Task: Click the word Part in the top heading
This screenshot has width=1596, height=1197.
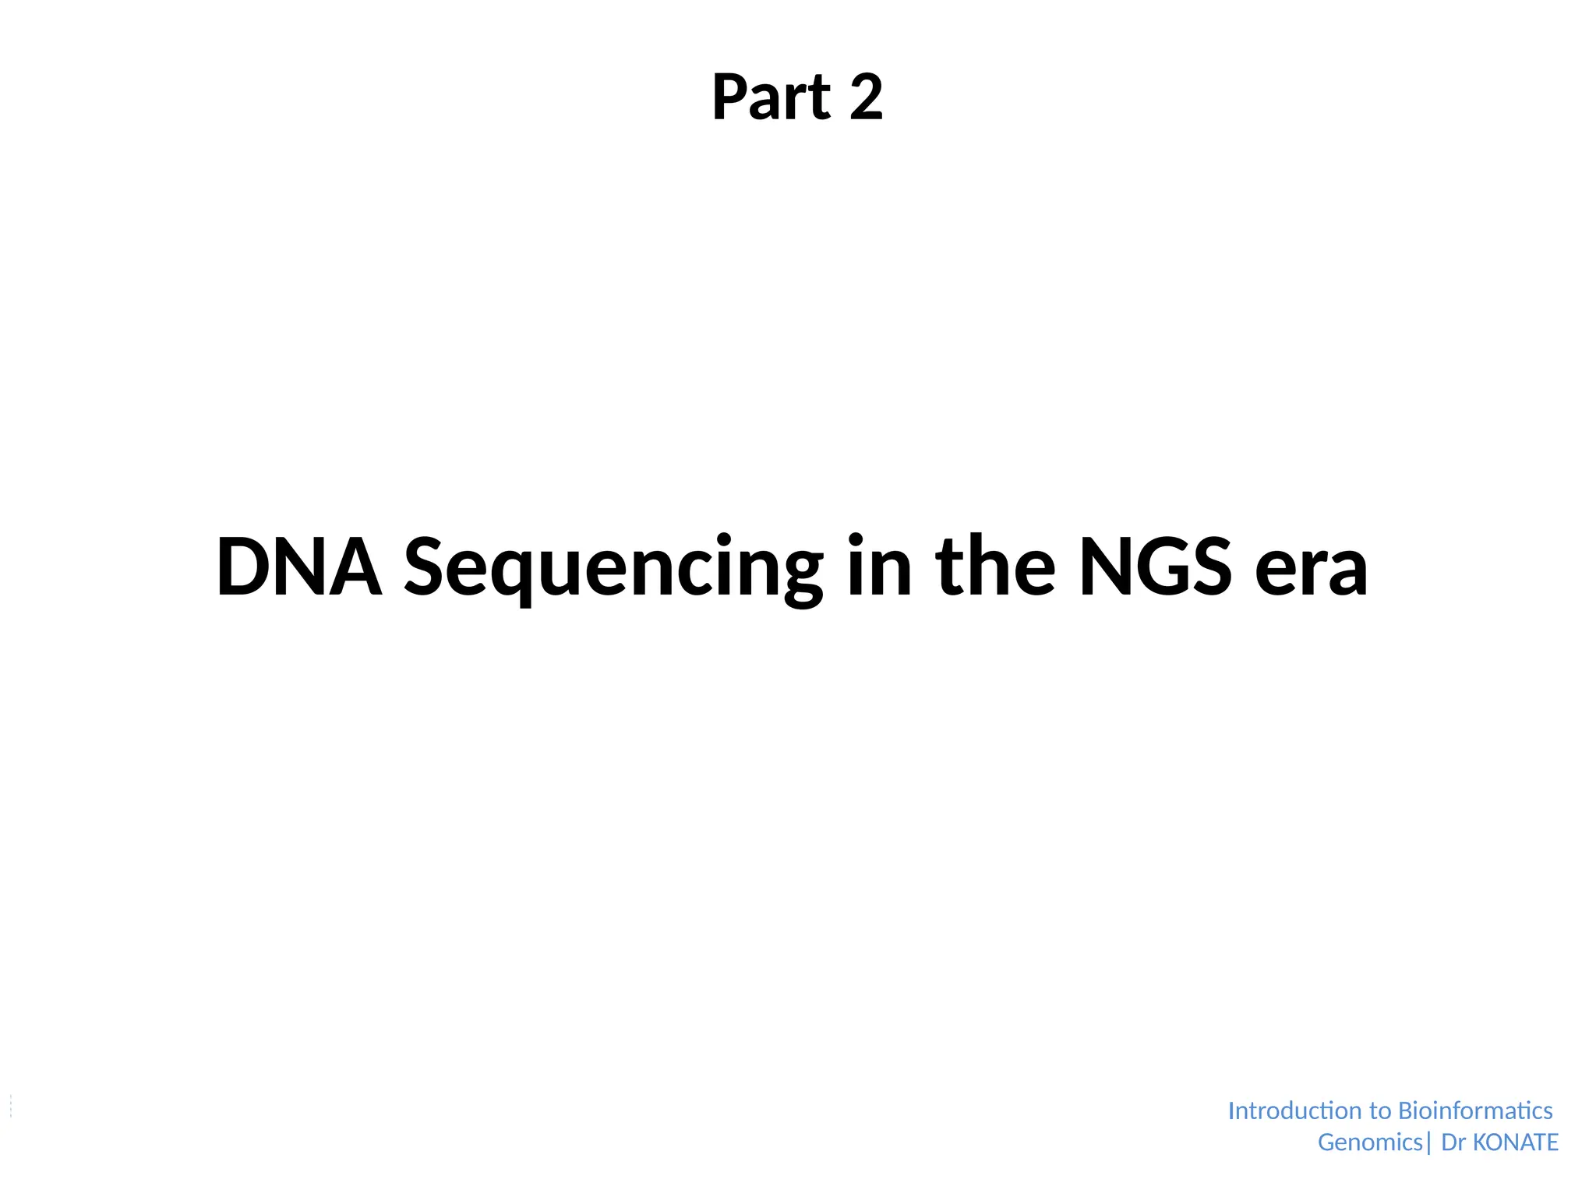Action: tap(772, 97)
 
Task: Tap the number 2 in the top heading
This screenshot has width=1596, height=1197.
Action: tap(866, 97)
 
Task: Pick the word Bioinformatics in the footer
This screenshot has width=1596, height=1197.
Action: tap(1475, 1110)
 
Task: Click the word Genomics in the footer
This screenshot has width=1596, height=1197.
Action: tap(1370, 1142)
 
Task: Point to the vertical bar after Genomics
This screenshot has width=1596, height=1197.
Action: tap(1428, 1143)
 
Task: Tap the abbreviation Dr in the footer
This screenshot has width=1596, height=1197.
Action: tap(1453, 1142)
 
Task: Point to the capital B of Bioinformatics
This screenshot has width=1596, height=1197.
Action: tap(1407, 1110)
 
